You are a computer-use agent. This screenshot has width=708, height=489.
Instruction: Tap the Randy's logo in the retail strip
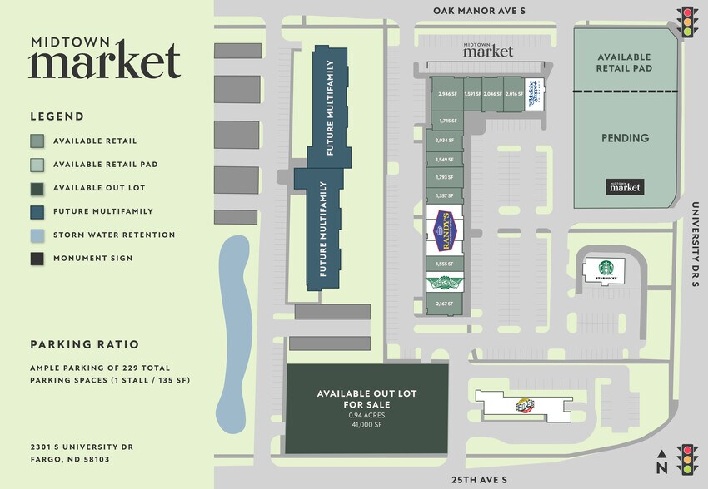[x=444, y=232]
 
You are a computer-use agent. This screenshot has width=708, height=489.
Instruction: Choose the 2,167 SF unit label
[x=444, y=304]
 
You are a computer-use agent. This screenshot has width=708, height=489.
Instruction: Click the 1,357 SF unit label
[x=444, y=195]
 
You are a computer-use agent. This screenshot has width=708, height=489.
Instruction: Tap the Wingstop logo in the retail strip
[x=444, y=283]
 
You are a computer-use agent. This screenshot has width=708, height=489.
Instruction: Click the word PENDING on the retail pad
[x=626, y=138]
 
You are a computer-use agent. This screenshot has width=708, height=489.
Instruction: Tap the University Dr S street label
[x=696, y=244]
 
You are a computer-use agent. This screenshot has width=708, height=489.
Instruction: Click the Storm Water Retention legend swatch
[x=37, y=235]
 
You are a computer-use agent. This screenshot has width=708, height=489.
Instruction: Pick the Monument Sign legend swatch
[x=37, y=258]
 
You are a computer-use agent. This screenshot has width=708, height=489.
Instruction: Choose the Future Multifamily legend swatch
[x=37, y=211]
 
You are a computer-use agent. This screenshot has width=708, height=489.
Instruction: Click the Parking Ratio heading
[x=84, y=344]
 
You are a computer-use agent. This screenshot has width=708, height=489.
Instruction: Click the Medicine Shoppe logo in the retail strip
[x=534, y=93]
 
